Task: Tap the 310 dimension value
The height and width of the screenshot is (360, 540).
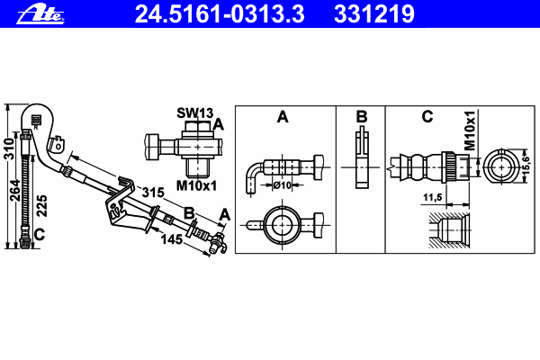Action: (x=8, y=148)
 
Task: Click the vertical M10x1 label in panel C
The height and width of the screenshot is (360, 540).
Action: (x=469, y=133)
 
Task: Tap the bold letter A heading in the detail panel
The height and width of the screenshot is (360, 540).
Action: (x=282, y=117)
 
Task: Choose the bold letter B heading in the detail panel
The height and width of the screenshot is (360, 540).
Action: (x=361, y=117)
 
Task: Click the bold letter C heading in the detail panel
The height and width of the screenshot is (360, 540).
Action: (x=427, y=117)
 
